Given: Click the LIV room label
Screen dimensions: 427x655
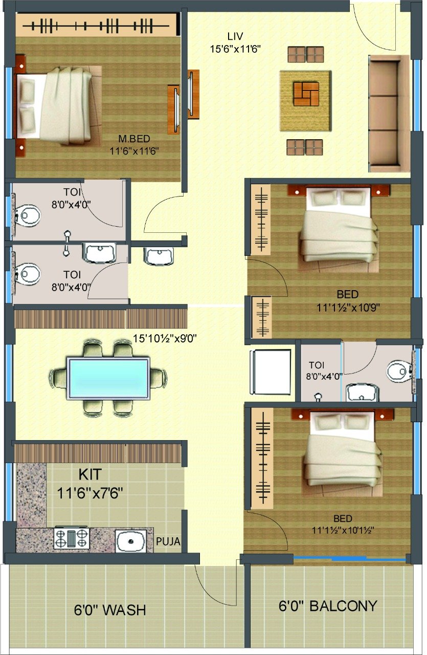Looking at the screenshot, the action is tap(235, 36).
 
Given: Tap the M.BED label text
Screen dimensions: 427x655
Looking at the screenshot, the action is tap(134, 138).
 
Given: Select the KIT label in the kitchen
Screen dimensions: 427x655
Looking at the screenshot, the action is tap(90, 474).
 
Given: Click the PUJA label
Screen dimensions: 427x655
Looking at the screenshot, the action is tap(168, 541).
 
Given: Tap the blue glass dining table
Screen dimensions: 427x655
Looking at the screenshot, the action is tap(108, 378).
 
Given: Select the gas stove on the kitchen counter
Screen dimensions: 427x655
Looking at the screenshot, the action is tap(71, 537).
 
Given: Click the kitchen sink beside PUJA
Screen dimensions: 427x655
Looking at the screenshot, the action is tap(130, 541).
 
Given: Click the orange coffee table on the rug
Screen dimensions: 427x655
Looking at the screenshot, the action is tap(306, 94).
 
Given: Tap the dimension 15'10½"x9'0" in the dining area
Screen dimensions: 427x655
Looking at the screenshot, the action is tap(165, 339).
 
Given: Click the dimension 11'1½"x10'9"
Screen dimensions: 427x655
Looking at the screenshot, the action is tap(348, 308).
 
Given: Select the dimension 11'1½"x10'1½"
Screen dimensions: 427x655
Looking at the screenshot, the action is tap(343, 530).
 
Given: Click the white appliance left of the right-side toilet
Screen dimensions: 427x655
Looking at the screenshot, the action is tap(271, 372).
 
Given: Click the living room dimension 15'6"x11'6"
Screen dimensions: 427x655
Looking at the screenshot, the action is tap(235, 49).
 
